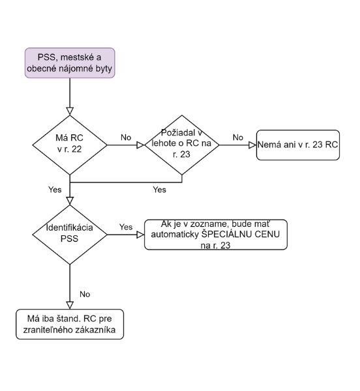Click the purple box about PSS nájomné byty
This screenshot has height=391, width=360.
(70, 63)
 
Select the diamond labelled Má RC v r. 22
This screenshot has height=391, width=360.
(70, 145)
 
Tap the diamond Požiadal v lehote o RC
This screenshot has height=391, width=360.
(182, 145)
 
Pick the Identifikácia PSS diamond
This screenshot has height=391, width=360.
(70, 235)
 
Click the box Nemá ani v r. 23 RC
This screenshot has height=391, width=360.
(298, 145)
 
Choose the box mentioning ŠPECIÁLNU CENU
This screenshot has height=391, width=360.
(216, 235)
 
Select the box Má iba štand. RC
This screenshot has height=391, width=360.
(70, 324)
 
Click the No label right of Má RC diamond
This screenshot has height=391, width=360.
(126, 138)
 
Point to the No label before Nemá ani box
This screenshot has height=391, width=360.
(238, 138)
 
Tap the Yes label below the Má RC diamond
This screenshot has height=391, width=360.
(55, 190)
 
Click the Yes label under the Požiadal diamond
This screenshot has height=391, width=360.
(159, 190)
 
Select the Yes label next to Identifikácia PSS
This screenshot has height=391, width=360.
(126, 227)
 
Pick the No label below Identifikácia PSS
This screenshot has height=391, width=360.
(85, 295)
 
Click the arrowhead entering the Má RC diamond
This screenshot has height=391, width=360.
(70, 111)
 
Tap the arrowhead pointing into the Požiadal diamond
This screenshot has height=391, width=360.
(141, 145)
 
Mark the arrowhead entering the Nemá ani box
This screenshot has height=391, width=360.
(253, 145)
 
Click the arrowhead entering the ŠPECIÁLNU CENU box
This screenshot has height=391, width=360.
(141, 235)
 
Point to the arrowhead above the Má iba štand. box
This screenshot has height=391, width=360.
(70, 306)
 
